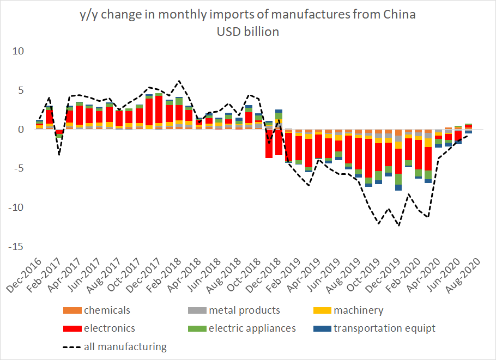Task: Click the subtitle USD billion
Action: point(247,32)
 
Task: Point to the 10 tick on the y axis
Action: point(19,51)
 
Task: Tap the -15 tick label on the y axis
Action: point(16,247)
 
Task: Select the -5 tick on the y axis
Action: point(19,168)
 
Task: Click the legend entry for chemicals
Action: point(107,310)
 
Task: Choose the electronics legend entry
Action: point(109,328)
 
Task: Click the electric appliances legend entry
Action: point(252,328)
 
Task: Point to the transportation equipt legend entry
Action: point(384,328)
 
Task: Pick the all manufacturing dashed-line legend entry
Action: point(125,346)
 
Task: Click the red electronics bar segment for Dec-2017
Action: point(159,109)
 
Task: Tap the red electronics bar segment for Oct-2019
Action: point(368,158)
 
